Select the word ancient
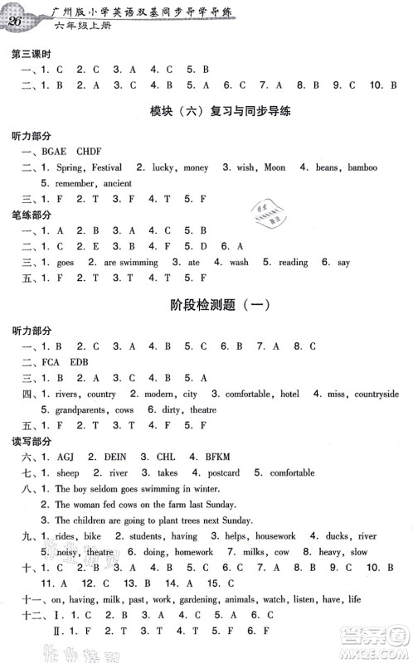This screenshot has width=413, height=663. click(x=118, y=183)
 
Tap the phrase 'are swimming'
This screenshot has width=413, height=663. click(x=132, y=263)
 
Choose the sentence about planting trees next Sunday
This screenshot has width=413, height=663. click(x=153, y=520)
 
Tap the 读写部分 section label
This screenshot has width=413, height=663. click(x=27, y=441)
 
